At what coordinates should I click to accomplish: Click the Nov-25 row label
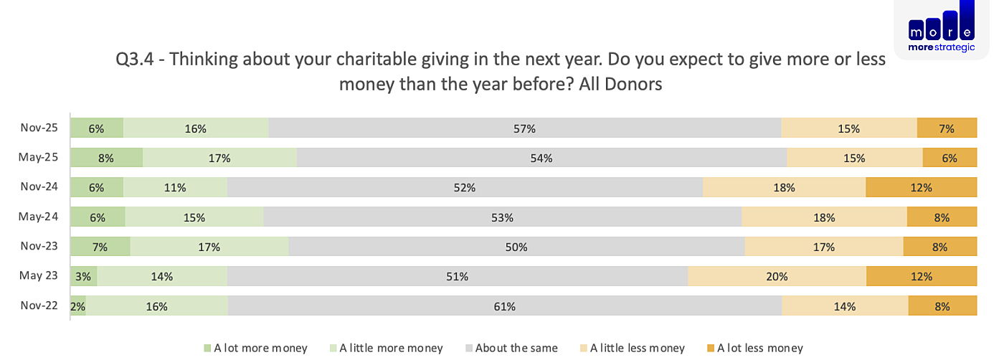[39, 128]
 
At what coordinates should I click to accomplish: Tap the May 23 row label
[38, 275]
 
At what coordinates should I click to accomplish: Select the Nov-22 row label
[39, 305]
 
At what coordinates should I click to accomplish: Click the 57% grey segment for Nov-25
[525, 128]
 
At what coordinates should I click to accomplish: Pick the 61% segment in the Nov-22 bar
[505, 305]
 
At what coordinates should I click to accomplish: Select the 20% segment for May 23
[777, 275]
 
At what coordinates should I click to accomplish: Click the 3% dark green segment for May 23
[84, 275]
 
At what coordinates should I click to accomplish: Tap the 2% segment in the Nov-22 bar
[78, 305]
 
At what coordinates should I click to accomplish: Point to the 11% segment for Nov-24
[175, 187]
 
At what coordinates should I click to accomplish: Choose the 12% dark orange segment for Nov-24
[921, 187]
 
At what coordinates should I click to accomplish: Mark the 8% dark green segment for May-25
[107, 157]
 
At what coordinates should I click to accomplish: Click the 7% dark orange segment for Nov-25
[947, 128]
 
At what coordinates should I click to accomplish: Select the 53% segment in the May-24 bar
[503, 217]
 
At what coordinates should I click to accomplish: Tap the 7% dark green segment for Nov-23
[100, 246]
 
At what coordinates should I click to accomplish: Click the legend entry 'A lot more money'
[255, 348]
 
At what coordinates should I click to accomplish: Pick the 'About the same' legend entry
[511, 348]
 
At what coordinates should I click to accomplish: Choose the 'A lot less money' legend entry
[754, 348]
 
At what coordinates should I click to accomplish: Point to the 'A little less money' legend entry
[633, 348]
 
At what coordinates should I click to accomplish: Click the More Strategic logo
[941, 28]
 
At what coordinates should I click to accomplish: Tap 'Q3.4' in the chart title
[135, 60]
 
